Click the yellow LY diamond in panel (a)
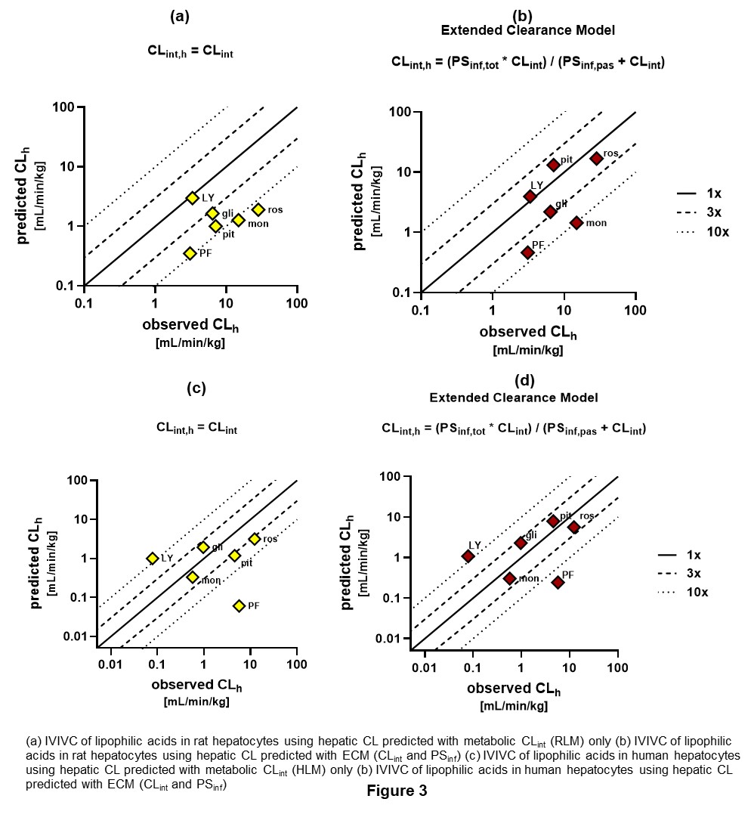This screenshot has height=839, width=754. (192, 197)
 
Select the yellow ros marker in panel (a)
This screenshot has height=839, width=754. (258, 209)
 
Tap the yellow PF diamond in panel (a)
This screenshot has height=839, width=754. (190, 253)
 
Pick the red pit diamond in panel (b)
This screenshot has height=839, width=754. (553, 165)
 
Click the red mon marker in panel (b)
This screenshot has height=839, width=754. (576, 222)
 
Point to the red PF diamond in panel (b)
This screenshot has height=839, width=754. (527, 252)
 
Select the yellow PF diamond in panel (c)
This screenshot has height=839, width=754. (239, 605)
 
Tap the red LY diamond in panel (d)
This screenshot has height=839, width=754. (468, 556)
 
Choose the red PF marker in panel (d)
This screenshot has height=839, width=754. (558, 582)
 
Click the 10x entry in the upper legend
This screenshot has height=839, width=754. (717, 232)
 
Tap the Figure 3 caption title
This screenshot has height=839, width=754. (397, 791)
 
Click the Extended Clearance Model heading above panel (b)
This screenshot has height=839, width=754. (527, 30)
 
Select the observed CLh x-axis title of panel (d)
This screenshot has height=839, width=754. (514, 689)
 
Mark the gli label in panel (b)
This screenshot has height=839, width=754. (561, 203)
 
